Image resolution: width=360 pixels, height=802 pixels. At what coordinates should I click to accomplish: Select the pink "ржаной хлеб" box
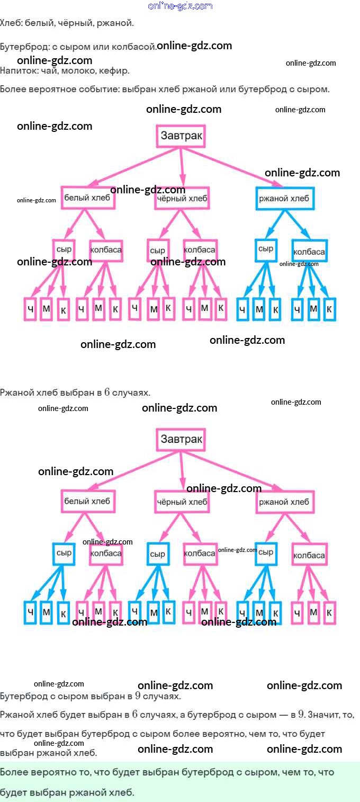point(284,502)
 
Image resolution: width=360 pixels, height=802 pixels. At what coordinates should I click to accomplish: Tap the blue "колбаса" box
point(309,251)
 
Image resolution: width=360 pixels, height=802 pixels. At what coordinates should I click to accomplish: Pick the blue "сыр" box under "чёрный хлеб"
point(158,554)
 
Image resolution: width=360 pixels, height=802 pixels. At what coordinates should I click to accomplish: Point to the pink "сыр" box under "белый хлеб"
point(64,248)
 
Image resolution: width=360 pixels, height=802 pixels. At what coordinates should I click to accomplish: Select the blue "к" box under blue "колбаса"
point(329,309)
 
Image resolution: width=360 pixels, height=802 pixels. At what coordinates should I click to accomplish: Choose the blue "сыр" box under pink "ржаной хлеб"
point(266,553)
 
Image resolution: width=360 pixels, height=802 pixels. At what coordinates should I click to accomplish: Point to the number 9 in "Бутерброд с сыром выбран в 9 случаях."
point(138,696)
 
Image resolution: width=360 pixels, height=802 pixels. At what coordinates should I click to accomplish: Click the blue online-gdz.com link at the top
point(180,6)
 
